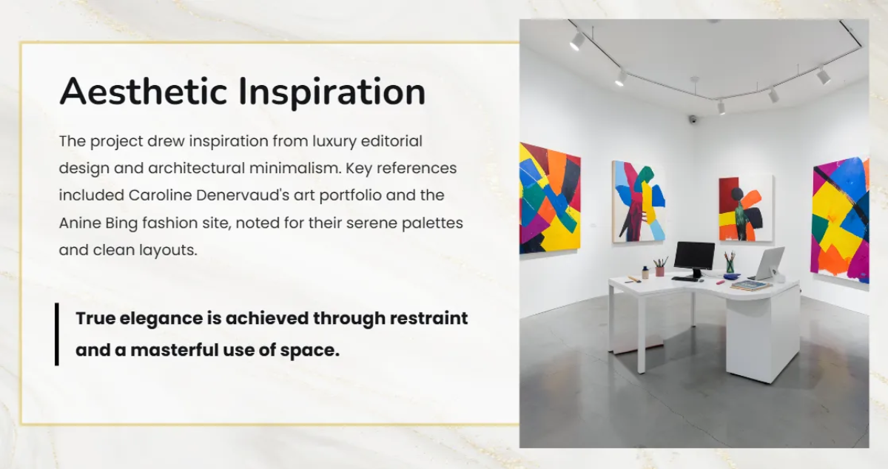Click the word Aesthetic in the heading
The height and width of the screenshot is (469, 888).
tap(141, 92)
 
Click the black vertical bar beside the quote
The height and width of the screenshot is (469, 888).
tap(56, 334)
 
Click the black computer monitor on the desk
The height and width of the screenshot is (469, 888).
tap(694, 256)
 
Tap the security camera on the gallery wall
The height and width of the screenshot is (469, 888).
tap(693, 119)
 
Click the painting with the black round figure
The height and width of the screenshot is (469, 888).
tap(745, 208)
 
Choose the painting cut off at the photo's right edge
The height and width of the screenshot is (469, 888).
tap(840, 219)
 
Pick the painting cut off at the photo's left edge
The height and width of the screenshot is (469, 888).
tap(549, 198)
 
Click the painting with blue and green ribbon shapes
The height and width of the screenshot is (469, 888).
tap(638, 201)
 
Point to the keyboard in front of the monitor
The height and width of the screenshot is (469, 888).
tap(686, 279)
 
